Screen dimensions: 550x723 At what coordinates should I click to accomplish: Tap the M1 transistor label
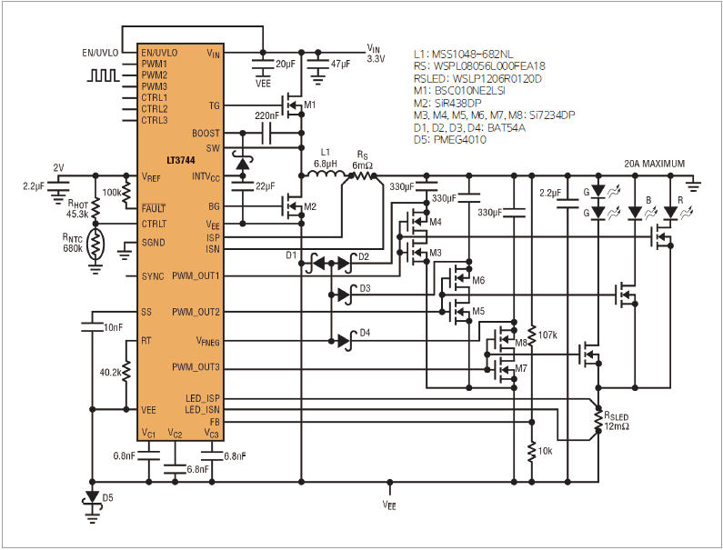point(310,105)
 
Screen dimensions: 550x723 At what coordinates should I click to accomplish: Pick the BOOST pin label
point(206,133)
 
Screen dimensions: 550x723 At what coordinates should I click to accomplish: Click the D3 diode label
point(366,288)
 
